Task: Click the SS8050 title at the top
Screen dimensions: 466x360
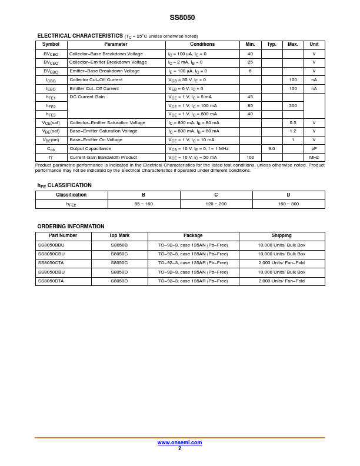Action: [x=182, y=18]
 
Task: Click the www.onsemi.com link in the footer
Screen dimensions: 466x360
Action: [x=179, y=442]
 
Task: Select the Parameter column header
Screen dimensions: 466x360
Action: [x=116, y=45]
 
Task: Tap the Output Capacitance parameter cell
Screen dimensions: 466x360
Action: [x=90, y=149]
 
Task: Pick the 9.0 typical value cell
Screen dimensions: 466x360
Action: [x=272, y=149]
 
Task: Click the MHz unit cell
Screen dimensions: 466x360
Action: [x=314, y=158]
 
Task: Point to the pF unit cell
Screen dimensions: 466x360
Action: [x=314, y=149]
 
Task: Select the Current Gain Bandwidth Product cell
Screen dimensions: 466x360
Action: [x=103, y=158]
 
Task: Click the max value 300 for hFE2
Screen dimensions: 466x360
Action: [x=293, y=106]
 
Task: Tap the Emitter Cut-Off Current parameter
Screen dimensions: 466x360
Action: [x=94, y=89]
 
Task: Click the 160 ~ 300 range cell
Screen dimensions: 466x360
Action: [x=288, y=204]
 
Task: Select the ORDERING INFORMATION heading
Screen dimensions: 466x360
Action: [x=71, y=227]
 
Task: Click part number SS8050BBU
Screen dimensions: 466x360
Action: [x=51, y=245]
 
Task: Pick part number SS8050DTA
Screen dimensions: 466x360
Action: [x=51, y=281]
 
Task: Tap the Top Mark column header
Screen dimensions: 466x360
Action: [x=119, y=236]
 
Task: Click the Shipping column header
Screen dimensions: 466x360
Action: [x=281, y=236]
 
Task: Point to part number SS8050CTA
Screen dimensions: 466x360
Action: [x=51, y=263]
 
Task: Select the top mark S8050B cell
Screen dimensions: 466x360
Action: [x=119, y=245]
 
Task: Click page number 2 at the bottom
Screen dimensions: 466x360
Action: [x=179, y=448]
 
